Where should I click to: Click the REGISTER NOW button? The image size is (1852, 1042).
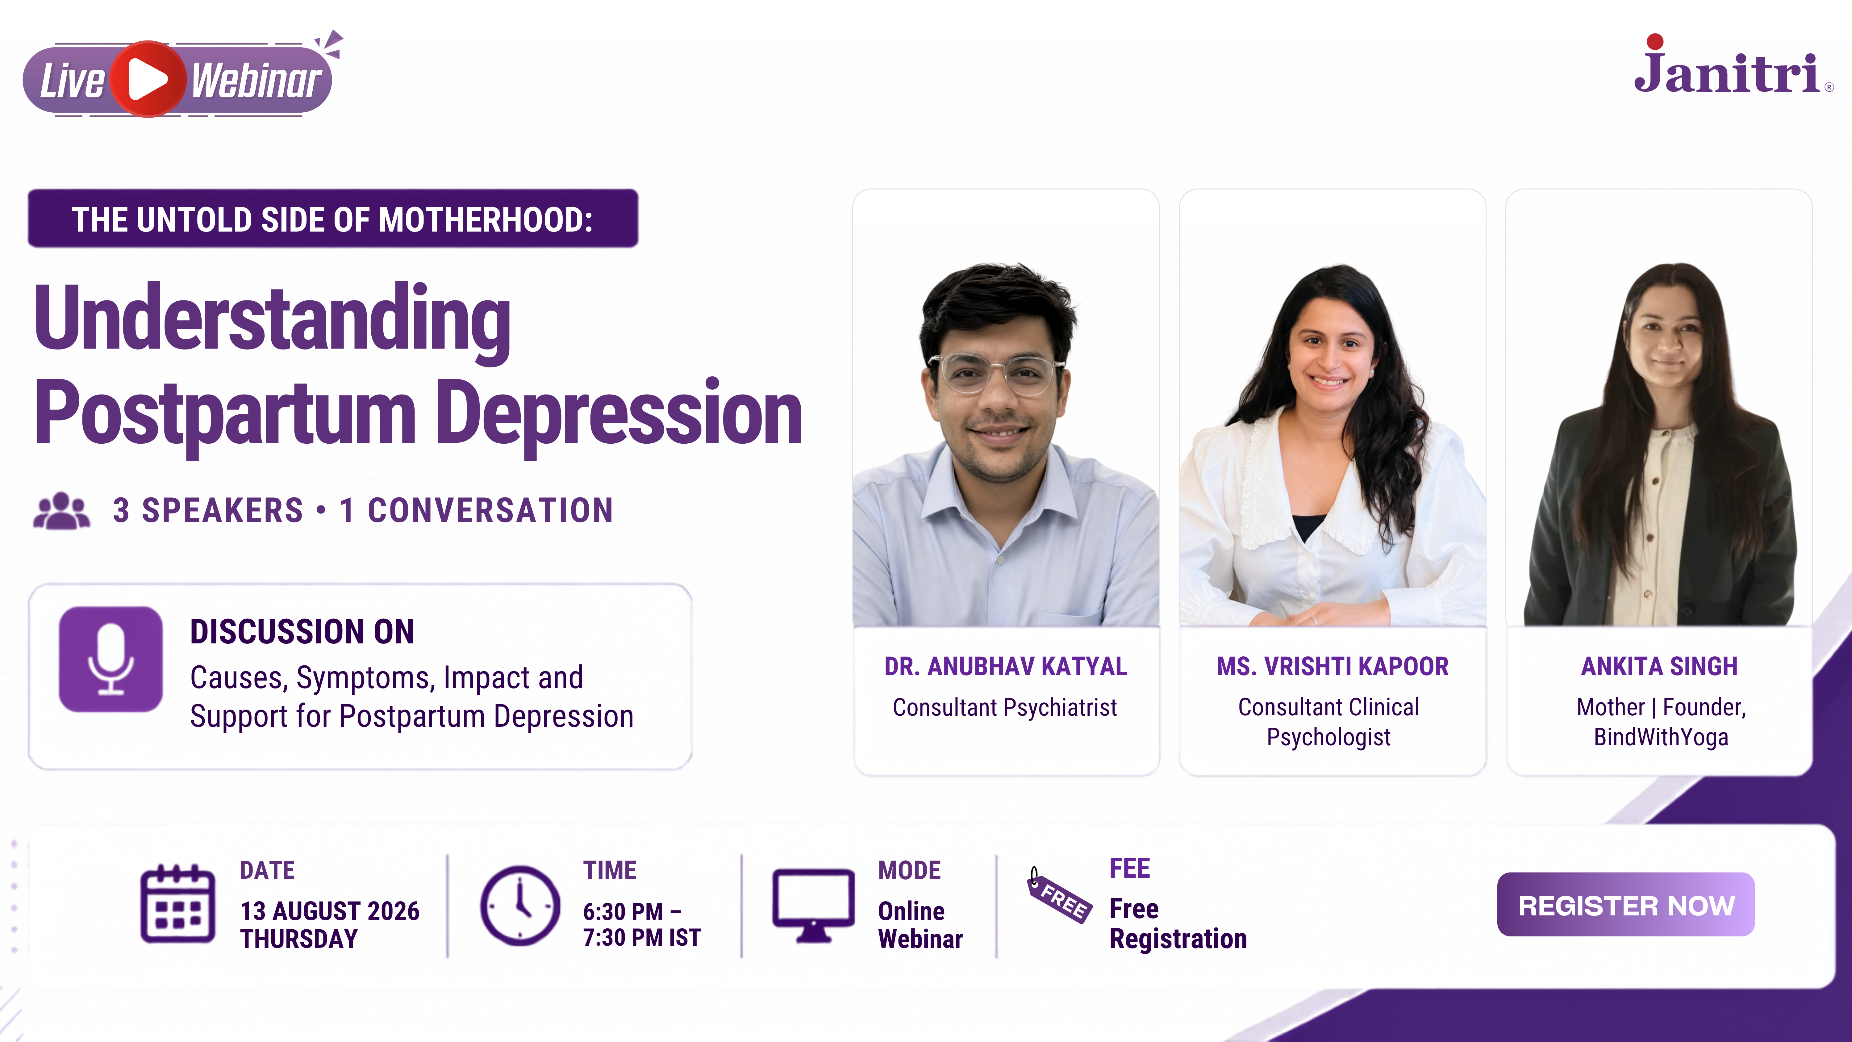click(1625, 905)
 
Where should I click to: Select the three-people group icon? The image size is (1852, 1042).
click(62, 511)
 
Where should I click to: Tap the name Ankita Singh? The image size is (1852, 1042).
click(1659, 667)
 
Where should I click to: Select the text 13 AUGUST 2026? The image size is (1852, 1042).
click(329, 911)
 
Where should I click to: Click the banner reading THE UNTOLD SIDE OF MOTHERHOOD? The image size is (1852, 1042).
click(333, 219)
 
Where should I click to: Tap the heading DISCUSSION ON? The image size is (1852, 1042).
click(302, 631)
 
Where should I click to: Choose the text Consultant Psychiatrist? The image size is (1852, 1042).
click(1005, 708)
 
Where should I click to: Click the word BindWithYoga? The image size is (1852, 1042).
click(1661, 737)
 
